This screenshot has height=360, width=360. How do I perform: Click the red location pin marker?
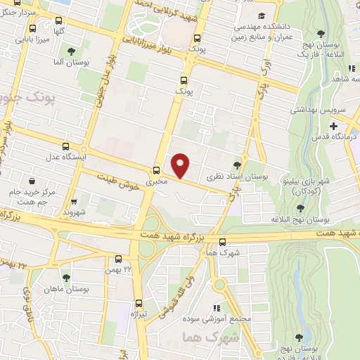[x=181, y=165]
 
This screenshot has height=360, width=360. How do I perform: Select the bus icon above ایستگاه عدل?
[x=66, y=146]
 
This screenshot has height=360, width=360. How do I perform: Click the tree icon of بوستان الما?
[x=71, y=51]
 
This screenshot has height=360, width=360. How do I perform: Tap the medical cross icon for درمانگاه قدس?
[x=333, y=126]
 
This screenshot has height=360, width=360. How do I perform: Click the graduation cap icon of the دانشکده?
[x=262, y=15]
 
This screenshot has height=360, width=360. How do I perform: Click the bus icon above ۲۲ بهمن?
[x=118, y=259]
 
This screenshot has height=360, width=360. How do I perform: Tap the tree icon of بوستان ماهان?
[x=66, y=278]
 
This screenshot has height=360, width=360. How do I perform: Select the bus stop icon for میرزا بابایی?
[x=33, y=29]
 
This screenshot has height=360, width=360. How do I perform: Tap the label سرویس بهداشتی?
[x=316, y=110]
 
